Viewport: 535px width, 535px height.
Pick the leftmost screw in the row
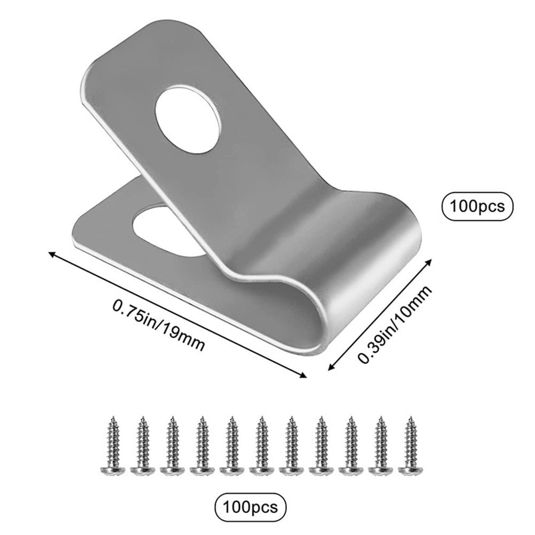[x=112, y=443]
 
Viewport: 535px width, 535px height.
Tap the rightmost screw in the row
[x=411, y=443]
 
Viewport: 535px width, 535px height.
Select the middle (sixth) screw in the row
[x=262, y=443]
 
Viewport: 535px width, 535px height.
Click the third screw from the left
[x=172, y=443]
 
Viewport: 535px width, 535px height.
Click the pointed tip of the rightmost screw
[x=412, y=418]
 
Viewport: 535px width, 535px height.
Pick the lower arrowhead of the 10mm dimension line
[x=329, y=367]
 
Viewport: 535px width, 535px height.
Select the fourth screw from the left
[x=202, y=443]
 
